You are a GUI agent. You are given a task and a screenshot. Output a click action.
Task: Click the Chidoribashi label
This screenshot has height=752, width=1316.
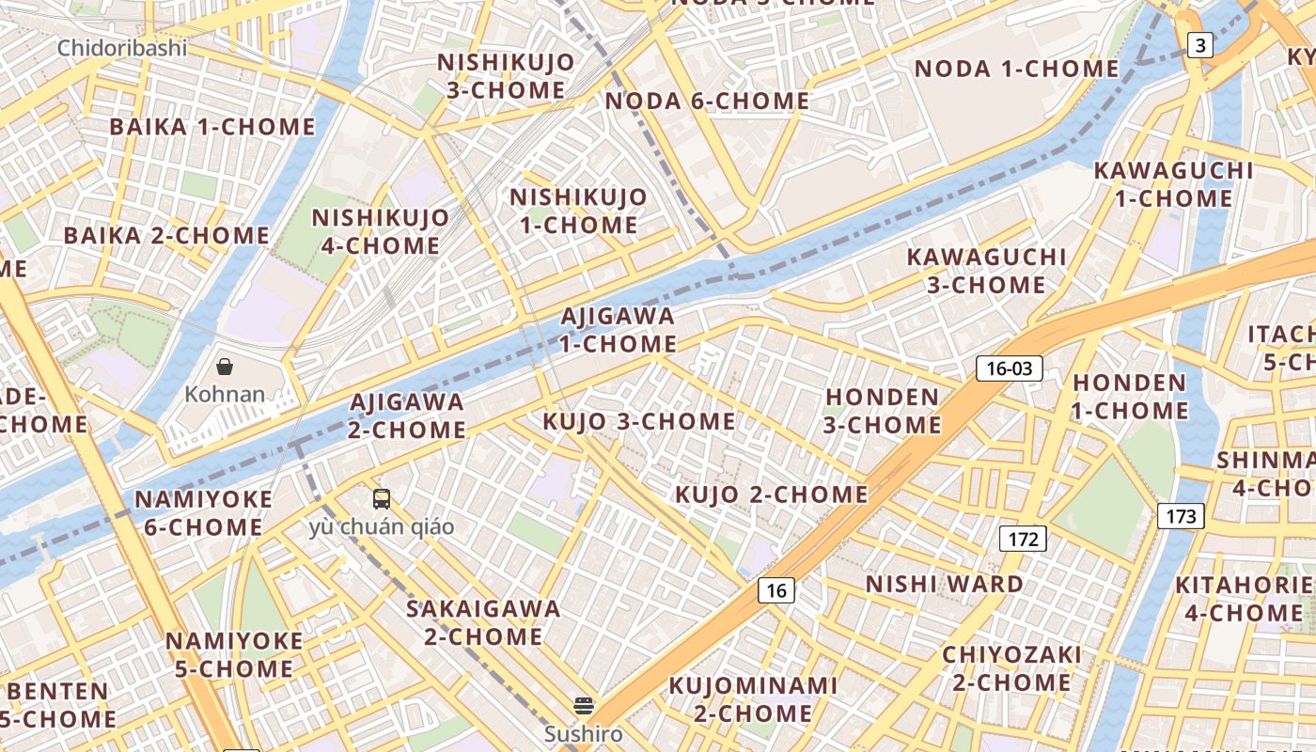(122, 48)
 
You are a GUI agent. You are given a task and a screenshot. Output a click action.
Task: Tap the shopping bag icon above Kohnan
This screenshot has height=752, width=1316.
(225, 366)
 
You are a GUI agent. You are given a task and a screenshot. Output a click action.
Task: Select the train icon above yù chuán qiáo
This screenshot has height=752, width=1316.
(382, 499)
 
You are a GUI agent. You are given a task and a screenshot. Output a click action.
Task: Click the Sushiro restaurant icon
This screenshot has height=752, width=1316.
(584, 705)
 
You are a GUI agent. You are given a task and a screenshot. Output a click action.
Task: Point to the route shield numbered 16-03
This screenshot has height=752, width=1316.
(1010, 368)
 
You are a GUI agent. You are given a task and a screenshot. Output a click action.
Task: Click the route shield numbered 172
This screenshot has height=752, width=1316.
(1022, 539)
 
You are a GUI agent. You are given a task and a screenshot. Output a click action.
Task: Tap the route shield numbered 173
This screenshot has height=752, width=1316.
(1181, 515)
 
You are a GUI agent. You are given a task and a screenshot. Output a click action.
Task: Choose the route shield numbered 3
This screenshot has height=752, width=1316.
(1199, 44)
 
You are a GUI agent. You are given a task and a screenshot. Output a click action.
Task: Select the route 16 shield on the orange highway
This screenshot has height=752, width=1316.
(775, 590)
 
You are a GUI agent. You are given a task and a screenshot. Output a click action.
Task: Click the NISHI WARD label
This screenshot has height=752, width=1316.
(944, 584)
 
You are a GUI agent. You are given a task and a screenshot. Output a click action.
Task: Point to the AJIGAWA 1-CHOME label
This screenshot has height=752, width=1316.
(618, 330)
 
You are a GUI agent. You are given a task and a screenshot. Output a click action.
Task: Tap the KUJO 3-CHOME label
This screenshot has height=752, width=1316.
(638, 421)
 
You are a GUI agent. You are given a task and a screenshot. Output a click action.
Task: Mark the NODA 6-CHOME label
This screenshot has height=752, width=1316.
(707, 101)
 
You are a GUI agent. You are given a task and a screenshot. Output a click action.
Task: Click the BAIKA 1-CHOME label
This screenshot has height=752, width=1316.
(212, 126)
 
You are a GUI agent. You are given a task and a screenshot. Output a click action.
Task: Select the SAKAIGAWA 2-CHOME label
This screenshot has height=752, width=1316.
(483, 622)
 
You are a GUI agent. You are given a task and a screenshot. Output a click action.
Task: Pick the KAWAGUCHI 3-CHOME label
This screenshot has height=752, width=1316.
(986, 271)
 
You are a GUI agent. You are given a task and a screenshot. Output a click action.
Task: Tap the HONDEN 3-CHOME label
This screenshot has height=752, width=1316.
(882, 411)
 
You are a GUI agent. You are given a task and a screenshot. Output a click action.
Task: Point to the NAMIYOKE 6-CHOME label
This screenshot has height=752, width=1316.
(203, 513)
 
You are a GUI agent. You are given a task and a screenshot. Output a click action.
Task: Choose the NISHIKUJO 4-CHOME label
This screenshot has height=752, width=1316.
(381, 231)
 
